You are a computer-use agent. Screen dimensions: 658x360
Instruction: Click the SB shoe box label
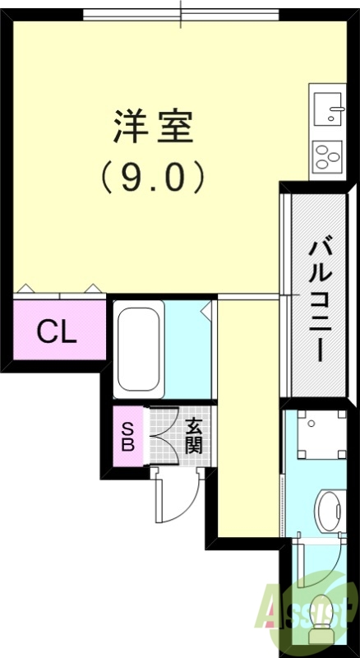(x=128, y=436)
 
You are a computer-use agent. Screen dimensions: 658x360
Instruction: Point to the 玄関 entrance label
(x=194, y=436)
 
